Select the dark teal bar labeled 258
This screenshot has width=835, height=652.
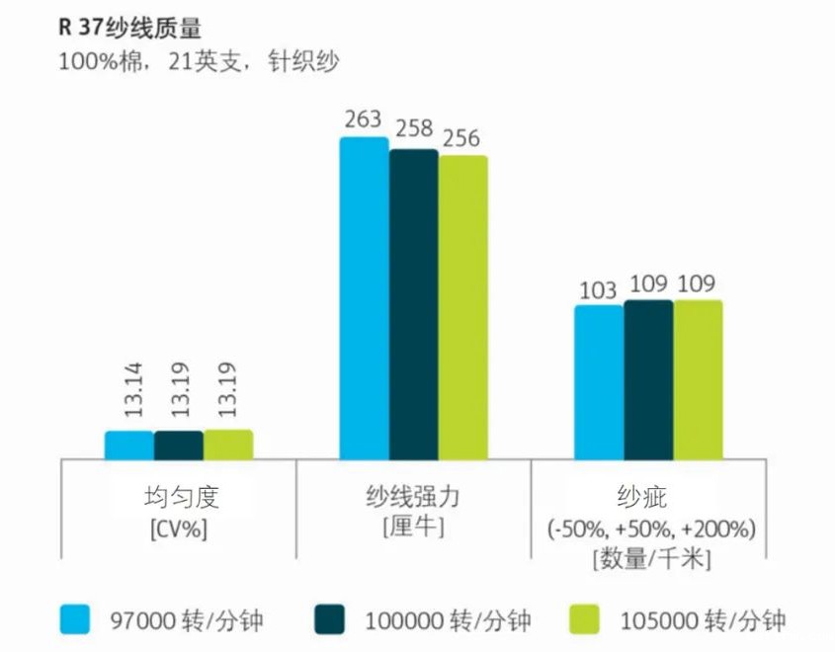tap(413, 303)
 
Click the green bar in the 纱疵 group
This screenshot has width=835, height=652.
tap(698, 379)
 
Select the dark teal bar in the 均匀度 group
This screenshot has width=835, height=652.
tap(179, 446)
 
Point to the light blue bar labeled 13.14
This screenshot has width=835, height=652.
tap(129, 446)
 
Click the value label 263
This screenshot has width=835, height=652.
tap(363, 120)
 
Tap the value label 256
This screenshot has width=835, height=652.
tap(461, 138)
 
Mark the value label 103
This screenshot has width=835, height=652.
tap(599, 289)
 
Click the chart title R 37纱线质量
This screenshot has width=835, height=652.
tap(129, 28)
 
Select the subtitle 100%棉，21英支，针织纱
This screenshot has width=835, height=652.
tap(199, 61)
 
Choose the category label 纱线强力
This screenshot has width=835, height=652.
tap(413, 496)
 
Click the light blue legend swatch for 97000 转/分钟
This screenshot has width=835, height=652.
tap(76, 619)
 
